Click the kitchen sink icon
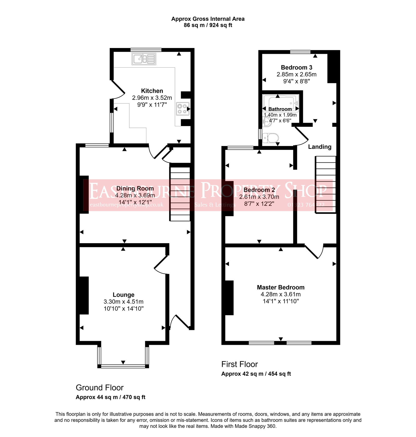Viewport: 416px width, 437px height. tap(144, 59)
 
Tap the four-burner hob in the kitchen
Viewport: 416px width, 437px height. tap(182, 109)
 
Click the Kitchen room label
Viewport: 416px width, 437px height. tap(152, 91)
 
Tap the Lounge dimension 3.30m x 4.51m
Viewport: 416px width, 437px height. tap(123, 302)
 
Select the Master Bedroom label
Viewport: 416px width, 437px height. tap(281, 287)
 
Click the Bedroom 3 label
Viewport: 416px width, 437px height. tap(296, 68)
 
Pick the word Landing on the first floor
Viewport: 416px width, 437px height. tap(320, 147)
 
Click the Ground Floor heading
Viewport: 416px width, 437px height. tap(100, 388)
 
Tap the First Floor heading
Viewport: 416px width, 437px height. tap(239, 364)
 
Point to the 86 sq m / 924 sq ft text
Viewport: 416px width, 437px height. tap(208, 25)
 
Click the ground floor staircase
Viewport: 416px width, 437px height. tap(180, 194)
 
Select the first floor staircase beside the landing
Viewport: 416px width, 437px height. tap(326, 184)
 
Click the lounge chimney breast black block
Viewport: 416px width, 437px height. tap(84, 295)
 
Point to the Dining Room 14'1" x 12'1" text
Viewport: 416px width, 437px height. tap(135, 202)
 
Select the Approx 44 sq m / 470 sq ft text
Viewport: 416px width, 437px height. tap(110, 397)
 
